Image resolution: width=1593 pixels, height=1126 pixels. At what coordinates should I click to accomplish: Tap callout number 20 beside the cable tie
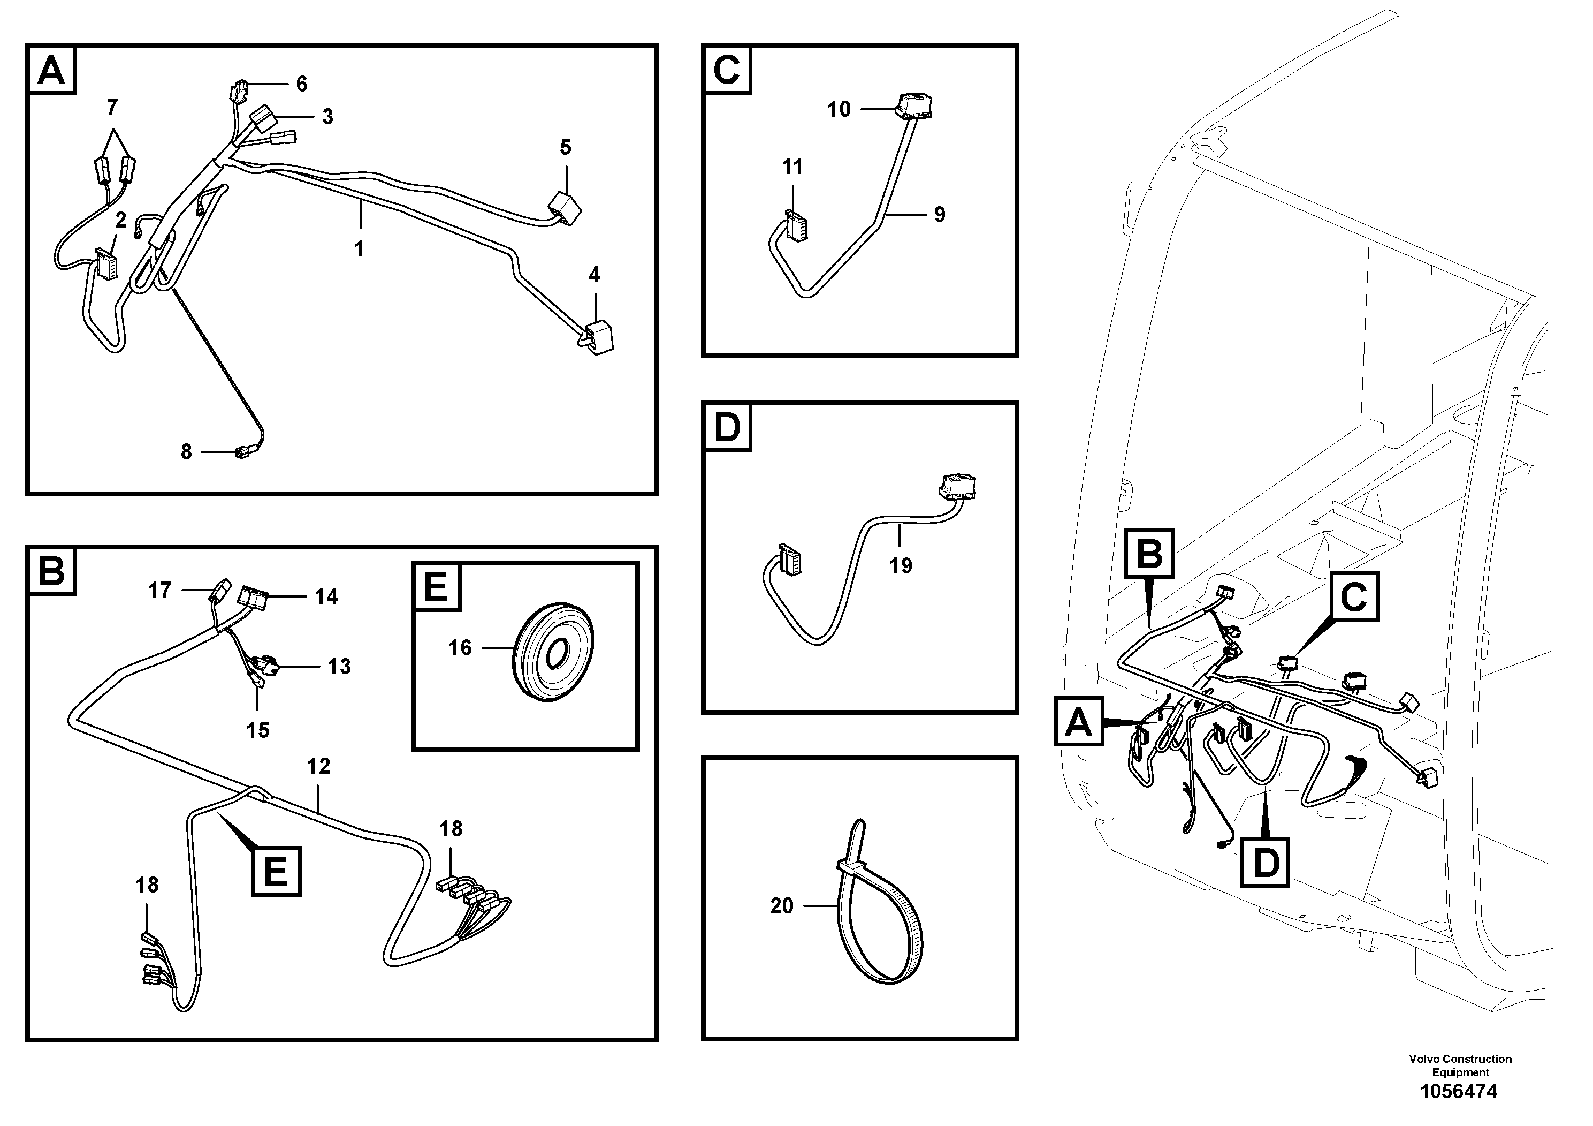[781, 906]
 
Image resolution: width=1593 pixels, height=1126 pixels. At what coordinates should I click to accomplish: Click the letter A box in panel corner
[51, 70]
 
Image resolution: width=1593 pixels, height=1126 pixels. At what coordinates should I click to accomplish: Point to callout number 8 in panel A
[186, 452]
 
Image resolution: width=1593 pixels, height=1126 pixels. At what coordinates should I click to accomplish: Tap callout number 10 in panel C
[839, 109]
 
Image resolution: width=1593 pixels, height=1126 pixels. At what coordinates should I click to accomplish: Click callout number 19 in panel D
[900, 566]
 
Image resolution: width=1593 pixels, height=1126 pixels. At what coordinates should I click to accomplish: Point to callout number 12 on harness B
[318, 766]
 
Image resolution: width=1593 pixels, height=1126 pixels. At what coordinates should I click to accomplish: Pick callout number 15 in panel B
[257, 730]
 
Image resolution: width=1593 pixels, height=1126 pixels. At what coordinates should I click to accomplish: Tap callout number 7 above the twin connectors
[112, 107]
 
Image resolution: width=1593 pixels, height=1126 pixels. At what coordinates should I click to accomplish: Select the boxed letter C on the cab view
[1354, 596]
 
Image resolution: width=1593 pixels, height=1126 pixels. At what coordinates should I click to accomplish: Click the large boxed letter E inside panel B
[276, 871]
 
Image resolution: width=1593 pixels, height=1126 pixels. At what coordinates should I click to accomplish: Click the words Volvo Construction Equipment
[1460, 1065]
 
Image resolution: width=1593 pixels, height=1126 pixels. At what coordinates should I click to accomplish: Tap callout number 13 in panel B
[339, 667]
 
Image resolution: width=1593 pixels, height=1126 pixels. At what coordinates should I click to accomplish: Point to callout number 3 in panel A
[327, 117]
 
